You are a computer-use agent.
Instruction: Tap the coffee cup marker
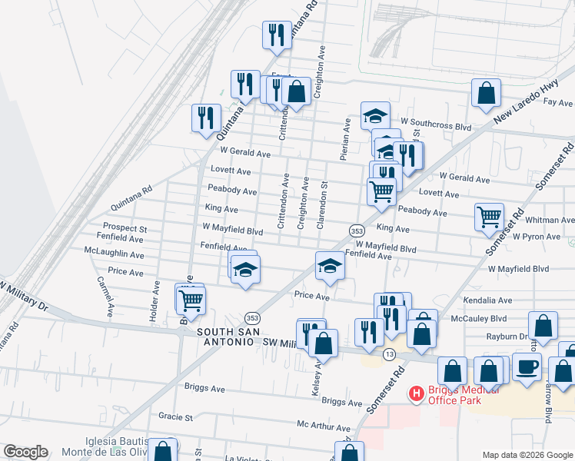527,366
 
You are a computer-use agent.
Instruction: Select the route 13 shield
391,354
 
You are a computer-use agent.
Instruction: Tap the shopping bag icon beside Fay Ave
487,94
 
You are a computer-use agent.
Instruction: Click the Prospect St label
125,228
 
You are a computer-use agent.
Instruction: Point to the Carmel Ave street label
105,296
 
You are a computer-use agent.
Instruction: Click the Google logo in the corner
25,452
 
